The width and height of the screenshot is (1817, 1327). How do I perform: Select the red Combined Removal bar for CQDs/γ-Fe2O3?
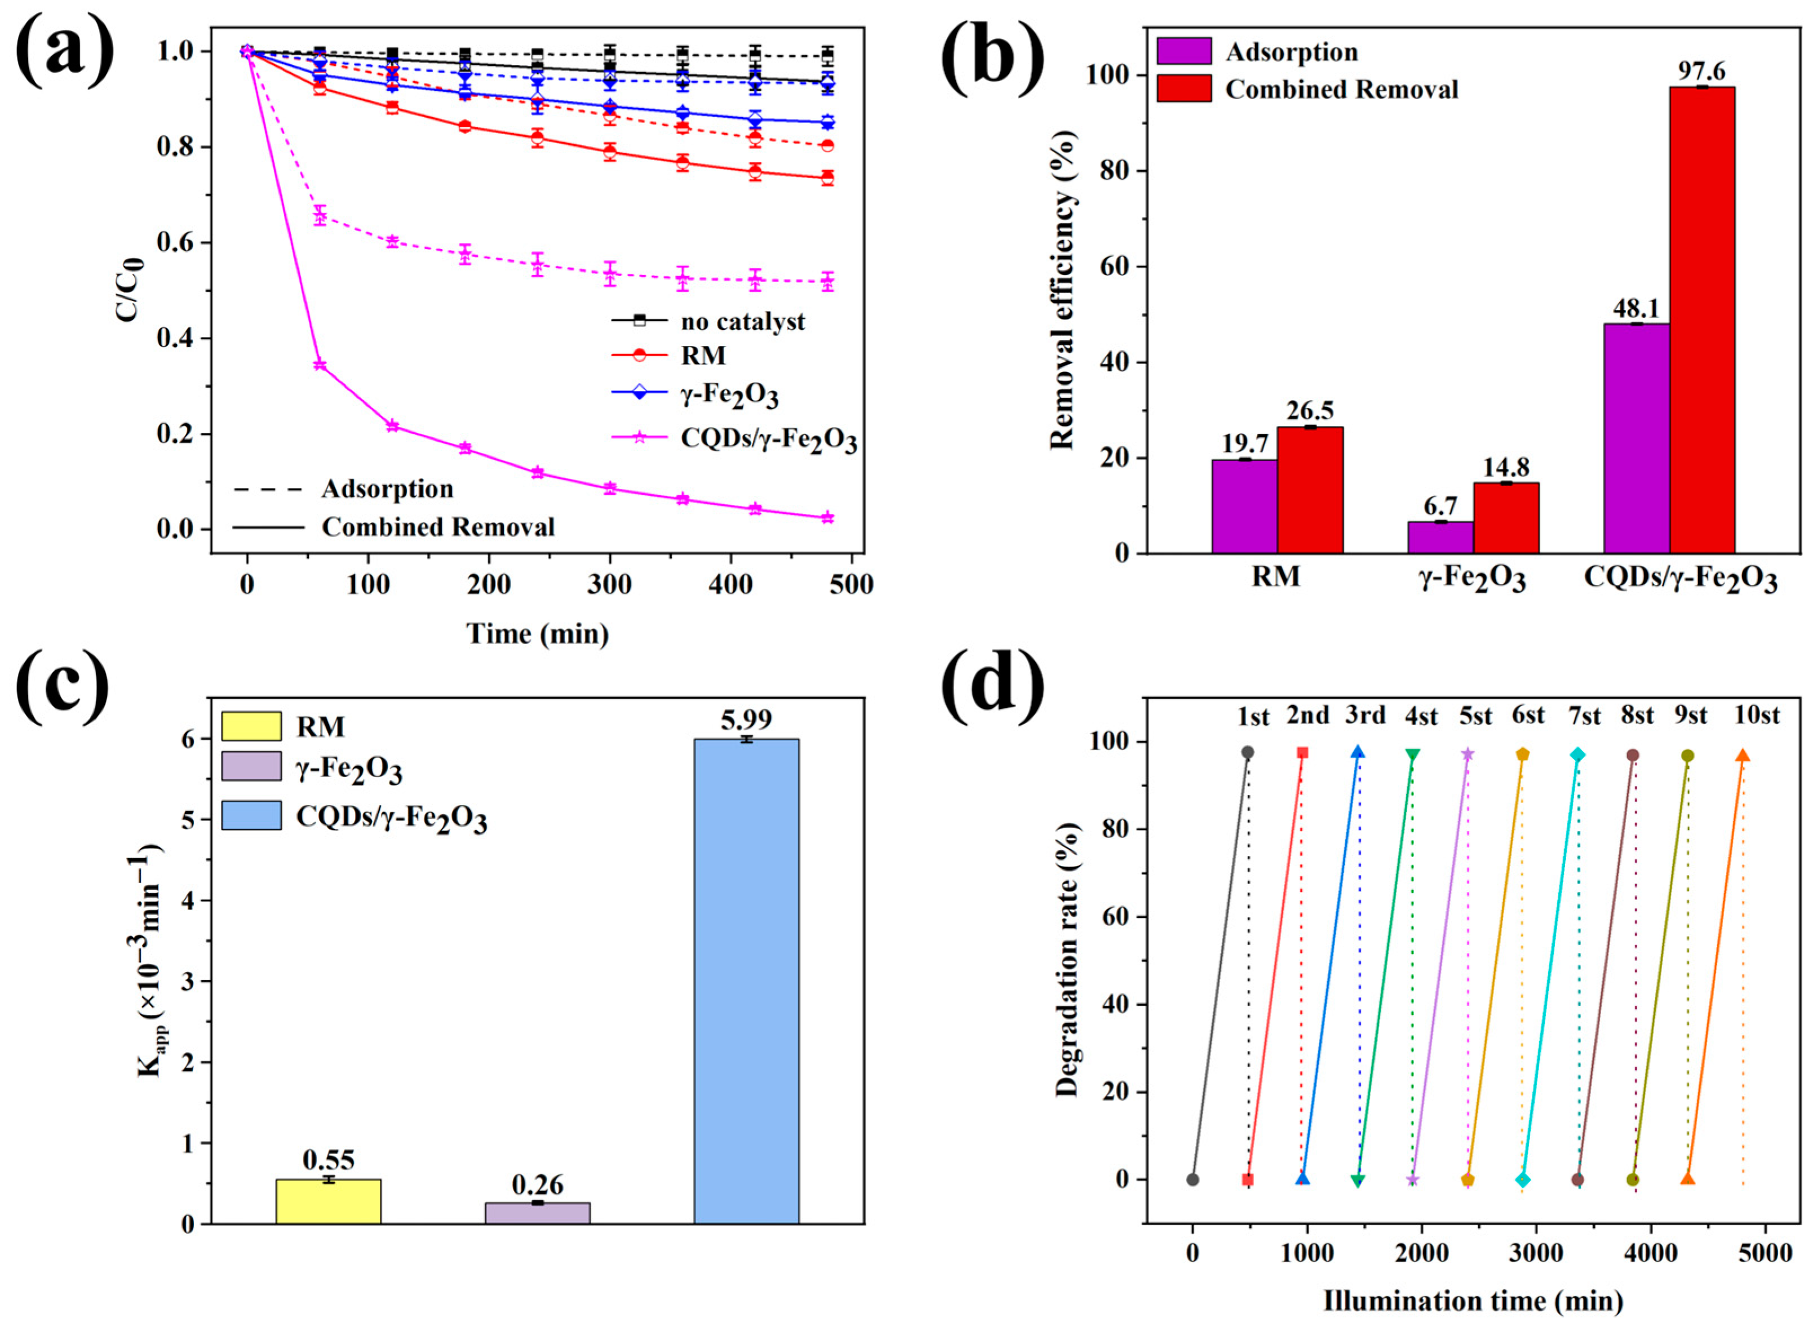(x=1701, y=321)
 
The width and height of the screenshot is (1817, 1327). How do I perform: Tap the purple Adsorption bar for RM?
(x=1244, y=506)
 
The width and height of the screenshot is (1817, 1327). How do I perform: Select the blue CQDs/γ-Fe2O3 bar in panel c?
(x=746, y=980)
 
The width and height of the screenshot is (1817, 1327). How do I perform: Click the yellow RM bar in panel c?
(x=329, y=1201)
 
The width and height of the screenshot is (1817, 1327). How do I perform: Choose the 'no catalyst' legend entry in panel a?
(x=707, y=321)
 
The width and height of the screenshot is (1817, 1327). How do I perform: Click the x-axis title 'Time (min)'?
(x=538, y=634)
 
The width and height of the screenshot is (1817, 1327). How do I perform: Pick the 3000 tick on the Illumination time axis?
(x=1536, y=1253)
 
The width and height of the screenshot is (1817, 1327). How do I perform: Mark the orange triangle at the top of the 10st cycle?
(x=1742, y=755)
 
